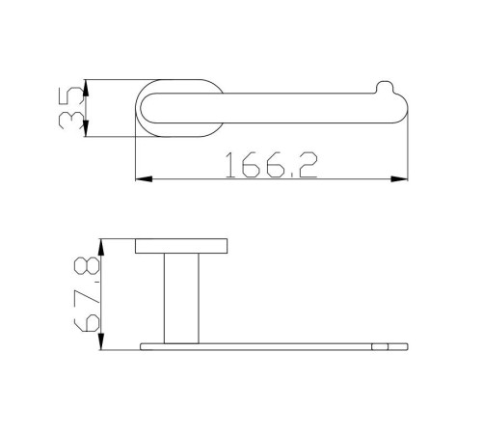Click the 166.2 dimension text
click(272, 165)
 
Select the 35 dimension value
click(70, 108)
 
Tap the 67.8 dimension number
click(87, 294)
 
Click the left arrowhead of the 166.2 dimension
click(144, 178)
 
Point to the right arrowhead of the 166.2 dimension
click(399, 178)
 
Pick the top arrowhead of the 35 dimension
click(86, 88)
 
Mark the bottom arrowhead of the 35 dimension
click(86, 128)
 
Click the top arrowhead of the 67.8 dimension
click(101, 247)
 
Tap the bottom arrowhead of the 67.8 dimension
click(101, 341)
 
